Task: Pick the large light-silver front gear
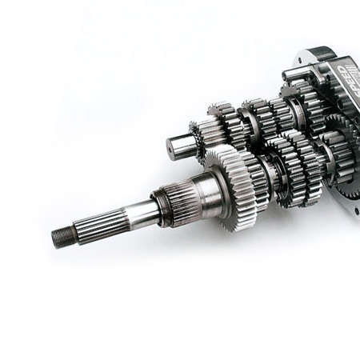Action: [x=234, y=188]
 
